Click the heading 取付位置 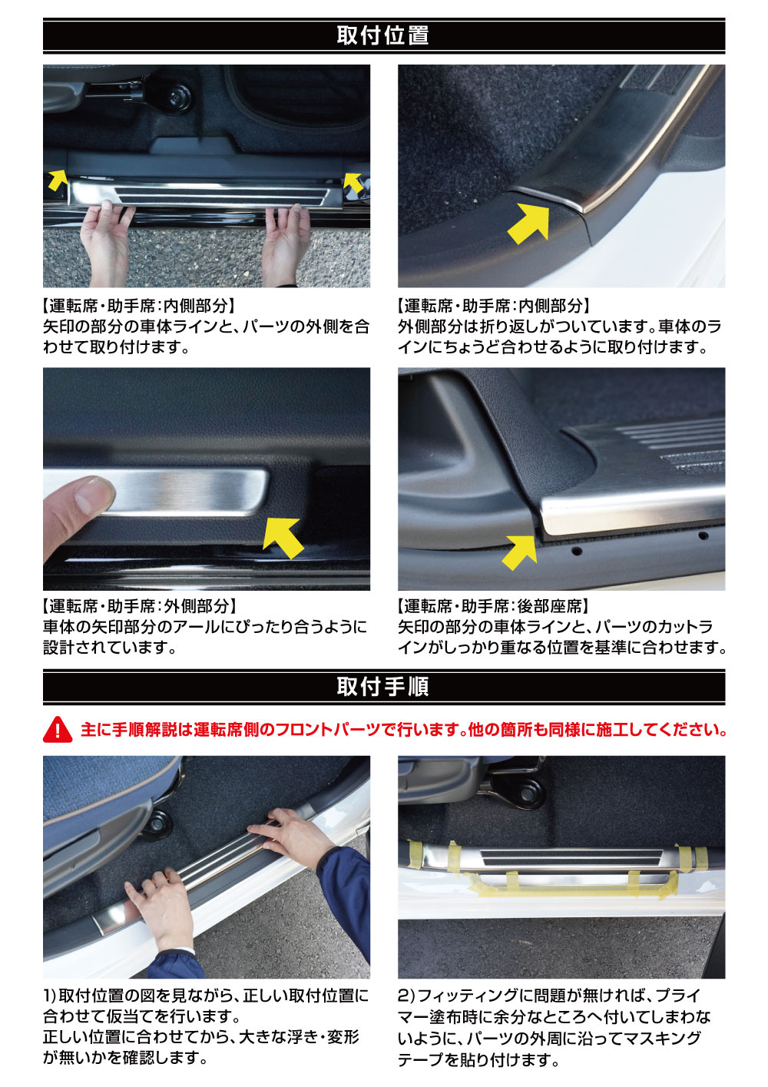coord(382,35)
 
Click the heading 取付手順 coord(382,687)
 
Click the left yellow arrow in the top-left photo coord(58,179)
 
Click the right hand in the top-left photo coord(286,244)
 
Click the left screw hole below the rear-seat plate coord(577,552)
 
